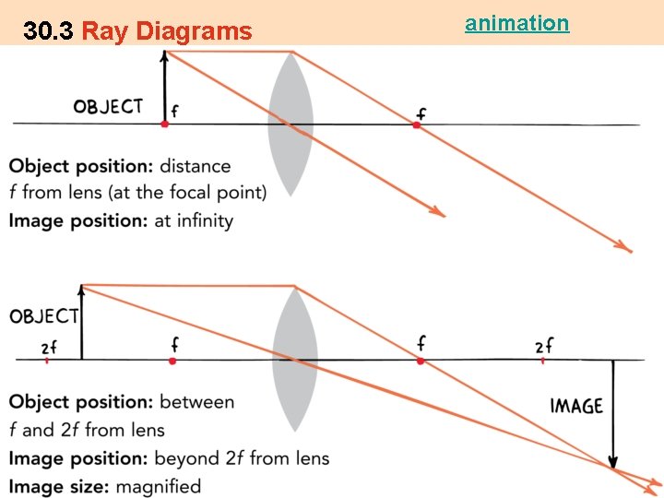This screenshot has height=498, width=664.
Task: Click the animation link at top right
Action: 516,23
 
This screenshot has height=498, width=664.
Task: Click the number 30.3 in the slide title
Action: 49,32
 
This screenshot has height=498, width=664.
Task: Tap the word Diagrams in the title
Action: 194,32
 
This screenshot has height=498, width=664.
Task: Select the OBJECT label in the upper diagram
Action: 108,106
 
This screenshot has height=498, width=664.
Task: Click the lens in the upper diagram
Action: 290,125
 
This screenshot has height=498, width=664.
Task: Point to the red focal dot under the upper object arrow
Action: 165,123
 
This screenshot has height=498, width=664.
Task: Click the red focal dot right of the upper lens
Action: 417,124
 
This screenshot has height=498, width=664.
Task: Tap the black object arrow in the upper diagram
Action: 165,88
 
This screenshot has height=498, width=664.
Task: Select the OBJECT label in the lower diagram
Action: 44,316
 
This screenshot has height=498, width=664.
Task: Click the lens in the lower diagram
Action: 294,360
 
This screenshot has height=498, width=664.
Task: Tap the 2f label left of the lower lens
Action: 48,347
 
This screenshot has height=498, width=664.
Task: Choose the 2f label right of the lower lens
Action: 544,346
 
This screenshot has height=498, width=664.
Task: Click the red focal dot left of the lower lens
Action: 172,361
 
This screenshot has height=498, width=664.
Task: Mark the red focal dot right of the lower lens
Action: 421,361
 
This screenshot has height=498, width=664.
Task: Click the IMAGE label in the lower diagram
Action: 576,406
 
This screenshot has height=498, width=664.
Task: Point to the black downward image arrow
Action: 612,415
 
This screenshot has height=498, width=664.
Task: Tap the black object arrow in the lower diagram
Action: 82,323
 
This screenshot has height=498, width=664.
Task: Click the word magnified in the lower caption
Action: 158,486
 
